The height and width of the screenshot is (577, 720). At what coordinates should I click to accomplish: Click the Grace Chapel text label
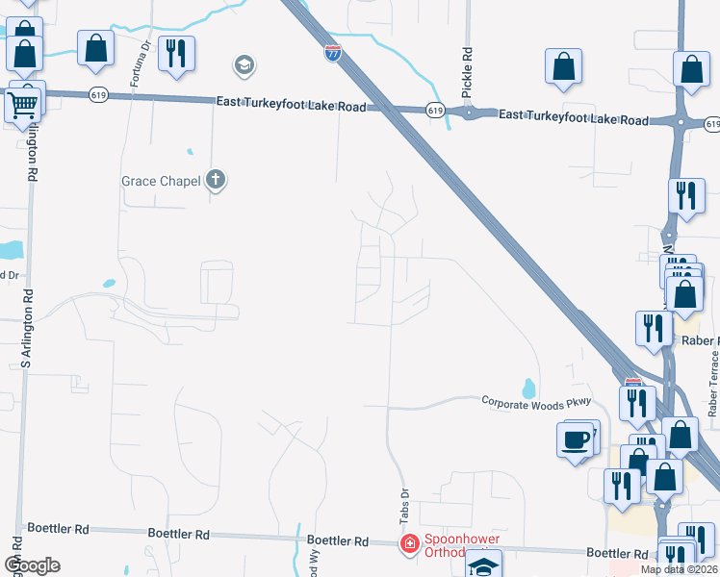pos(161,181)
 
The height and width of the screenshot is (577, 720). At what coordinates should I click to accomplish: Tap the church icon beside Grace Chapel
pos(216,180)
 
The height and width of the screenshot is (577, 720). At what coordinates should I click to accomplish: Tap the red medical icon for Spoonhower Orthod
pos(409,544)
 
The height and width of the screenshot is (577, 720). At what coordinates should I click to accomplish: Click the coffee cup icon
pos(575,439)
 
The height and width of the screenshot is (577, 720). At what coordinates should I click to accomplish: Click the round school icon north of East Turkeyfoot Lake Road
pos(244,65)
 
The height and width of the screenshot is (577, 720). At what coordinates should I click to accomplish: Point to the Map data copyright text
pos(679,569)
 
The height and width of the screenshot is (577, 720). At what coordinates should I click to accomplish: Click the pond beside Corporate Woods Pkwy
pos(527,389)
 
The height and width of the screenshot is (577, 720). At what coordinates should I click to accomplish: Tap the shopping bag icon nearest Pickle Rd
pos(564,66)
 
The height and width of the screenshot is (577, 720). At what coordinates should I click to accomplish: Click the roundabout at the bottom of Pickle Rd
pos(469,113)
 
